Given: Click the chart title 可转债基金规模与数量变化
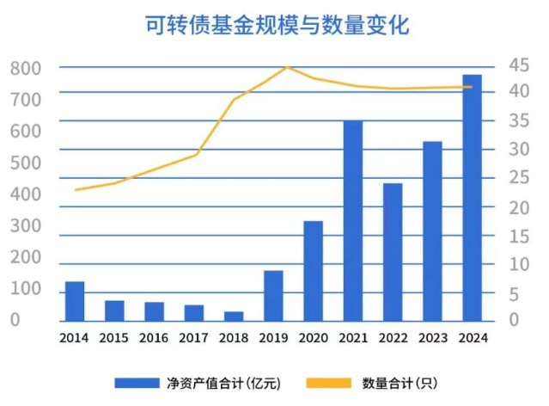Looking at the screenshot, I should coord(275,25).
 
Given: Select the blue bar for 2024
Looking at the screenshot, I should coord(472,197).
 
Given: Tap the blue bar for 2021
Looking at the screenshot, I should coord(353,220).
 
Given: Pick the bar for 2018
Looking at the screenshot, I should coord(234,315).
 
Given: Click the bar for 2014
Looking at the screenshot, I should coord(75,300).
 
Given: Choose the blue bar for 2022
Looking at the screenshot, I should coord(393,251).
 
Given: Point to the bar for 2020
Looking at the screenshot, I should coord(313,270).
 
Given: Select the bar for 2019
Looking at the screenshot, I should coord(273,295).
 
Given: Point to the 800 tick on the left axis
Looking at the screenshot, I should coord(26,68).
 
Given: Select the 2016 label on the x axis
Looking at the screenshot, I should coord(154,338).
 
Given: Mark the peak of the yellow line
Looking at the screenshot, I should coord(288,66).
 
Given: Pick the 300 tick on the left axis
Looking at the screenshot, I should coord(26,226).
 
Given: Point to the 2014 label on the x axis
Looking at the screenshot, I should coord(75,338).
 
